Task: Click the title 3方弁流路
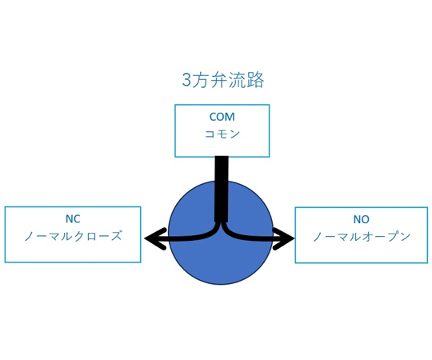click(x=223, y=80)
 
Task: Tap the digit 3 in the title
click(x=186, y=81)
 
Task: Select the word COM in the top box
click(x=222, y=117)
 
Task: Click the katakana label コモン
click(x=222, y=134)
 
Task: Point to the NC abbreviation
click(x=73, y=219)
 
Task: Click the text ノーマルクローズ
click(x=73, y=236)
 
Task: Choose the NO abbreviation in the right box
click(x=361, y=219)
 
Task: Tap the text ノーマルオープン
click(x=362, y=237)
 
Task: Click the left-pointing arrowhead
click(x=155, y=239)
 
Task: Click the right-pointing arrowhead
click(x=284, y=239)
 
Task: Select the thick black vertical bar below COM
click(x=222, y=190)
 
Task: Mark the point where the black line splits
click(x=222, y=223)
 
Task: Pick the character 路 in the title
click(x=256, y=80)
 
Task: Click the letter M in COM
click(x=230, y=117)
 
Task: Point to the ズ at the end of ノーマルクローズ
click(x=116, y=236)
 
